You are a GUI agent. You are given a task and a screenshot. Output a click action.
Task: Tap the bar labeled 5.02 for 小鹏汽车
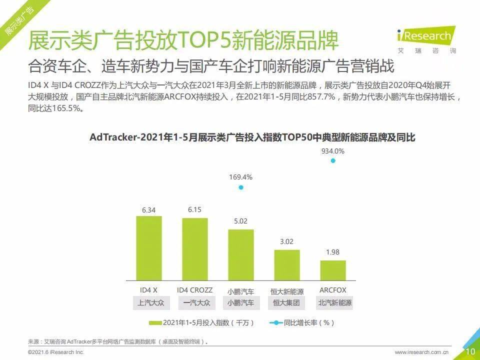241,255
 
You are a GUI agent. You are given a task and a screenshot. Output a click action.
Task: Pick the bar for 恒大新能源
287,265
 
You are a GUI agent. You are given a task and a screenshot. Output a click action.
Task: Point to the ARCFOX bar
333,270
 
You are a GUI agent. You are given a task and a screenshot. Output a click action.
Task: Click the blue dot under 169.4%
241,187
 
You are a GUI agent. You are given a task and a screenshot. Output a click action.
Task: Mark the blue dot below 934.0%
333,160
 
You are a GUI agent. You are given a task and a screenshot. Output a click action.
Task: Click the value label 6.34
149,210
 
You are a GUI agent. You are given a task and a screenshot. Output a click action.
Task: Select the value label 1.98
333,252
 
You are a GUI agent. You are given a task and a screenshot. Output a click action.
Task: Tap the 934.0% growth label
333,150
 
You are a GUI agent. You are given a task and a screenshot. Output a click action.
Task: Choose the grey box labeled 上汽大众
149,303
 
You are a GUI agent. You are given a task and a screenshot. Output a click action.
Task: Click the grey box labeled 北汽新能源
334,303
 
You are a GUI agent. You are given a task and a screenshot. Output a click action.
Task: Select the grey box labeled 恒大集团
287,303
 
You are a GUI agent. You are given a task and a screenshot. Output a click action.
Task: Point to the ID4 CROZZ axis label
195,290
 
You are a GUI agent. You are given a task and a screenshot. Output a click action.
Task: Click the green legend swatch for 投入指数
155,322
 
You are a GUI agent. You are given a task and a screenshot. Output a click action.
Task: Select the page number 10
470,351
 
